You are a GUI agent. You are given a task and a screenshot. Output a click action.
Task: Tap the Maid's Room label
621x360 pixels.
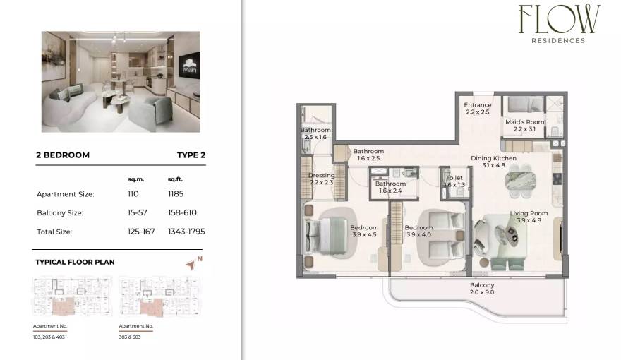pyautogui.click(x=524, y=122)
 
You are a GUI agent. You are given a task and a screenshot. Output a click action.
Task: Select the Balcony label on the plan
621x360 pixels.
pyautogui.click(x=482, y=285)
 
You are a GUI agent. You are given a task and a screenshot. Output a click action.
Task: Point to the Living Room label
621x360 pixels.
pyautogui.click(x=529, y=213)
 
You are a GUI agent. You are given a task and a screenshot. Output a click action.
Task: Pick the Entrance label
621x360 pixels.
pyautogui.click(x=478, y=105)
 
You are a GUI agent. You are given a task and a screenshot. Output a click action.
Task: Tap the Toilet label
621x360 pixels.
pyautogui.click(x=455, y=179)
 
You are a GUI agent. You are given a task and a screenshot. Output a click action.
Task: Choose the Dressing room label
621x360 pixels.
pyautogui.click(x=322, y=176)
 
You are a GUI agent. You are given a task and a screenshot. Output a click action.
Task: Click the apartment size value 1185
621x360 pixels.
pyautogui.click(x=176, y=193)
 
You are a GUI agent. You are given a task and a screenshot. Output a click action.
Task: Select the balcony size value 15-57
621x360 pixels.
pyautogui.click(x=135, y=212)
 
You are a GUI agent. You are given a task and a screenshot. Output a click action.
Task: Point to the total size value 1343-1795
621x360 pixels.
pyautogui.click(x=186, y=231)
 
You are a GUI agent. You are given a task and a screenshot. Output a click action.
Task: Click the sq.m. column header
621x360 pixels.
pyautogui.click(x=135, y=179)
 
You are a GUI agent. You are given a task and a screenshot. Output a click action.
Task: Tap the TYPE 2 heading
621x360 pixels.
pyautogui.click(x=191, y=155)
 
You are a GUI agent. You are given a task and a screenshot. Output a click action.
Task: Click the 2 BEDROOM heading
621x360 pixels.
pyautogui.click(x=63, y=155)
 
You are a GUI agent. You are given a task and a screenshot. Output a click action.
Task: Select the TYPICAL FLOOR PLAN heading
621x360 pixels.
pyautogui.click(x=75, y=262)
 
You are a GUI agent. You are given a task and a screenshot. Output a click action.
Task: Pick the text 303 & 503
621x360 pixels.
pyautogui.click(x=131, y=337)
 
